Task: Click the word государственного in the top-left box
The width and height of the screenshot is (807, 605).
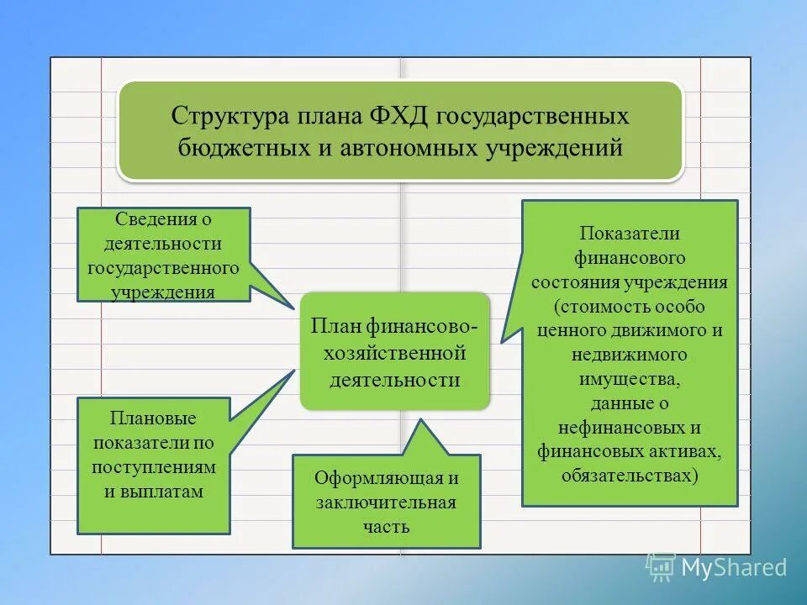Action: tap(164, 267)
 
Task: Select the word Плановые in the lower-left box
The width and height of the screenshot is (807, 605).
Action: tap(153, 418)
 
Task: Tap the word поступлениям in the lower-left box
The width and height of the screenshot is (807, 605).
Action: tap(154, 466)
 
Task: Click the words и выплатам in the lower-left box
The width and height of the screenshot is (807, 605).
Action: tap(154, 491)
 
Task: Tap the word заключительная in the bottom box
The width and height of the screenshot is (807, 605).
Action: tap(386, 502)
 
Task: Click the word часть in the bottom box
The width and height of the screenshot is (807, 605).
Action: tap(386, 527)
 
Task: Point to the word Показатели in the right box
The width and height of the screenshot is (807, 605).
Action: tap(629, 233)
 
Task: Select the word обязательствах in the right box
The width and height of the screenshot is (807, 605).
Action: tap(629, 476)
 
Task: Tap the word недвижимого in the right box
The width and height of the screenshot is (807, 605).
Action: tap(629, 354)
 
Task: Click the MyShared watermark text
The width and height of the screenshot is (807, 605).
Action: tap(733, 567)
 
